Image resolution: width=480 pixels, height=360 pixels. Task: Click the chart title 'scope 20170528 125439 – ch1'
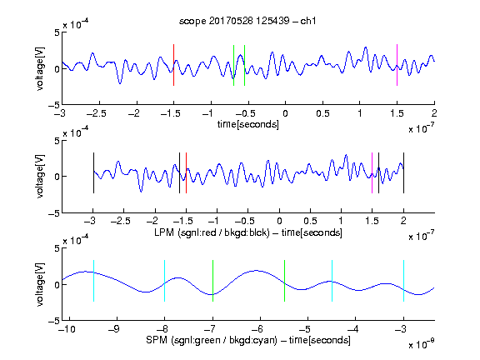pyautogui.click(x=247, y=21)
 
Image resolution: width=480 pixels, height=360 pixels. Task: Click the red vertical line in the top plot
pyautogui.click(x=173, y=65)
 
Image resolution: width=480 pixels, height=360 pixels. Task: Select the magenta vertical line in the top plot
pyautogui.click(x=397, y=65)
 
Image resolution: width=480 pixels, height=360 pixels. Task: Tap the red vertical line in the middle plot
pyautogui.click(x=186, y=173)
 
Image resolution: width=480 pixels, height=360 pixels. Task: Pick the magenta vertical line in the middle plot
pyautogui.click(x=372, y=173)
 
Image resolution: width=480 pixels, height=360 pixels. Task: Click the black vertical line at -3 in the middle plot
pyautogui.click(x=93, y=173)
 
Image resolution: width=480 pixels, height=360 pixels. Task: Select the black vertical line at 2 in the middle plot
pyautogui.click(x=403, y=173)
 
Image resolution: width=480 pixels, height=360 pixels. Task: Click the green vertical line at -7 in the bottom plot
pyautogui.click(x=212, y=281)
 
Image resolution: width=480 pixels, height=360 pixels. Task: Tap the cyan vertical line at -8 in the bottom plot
pyautogui.click(x=165, y=281)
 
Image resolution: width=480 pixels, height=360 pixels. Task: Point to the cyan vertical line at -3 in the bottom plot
pyautogui.click(x=403, y=281)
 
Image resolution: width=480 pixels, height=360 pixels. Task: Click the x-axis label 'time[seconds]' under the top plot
pyautogui.click(x=248, y=124)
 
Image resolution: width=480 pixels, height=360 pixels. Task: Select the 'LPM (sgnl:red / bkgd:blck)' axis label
pyautogui.click(x=212, y=232)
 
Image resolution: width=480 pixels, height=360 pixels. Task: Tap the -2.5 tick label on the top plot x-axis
pyautogui.click(x=97, y=113)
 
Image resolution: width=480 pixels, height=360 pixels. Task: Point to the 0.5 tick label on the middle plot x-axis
pyautogui.click(x=310, y=221)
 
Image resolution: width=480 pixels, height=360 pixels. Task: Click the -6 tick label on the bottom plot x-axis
pyautogui.click(x=257, y=329)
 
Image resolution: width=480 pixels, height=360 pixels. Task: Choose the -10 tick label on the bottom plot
pyautogui.click(x=67, y=329)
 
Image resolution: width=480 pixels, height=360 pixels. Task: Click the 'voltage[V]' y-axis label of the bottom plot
pyautogui.click(x=40, y=284)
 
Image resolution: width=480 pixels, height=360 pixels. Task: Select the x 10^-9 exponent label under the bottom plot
pyautogui.click(x=422, y=344)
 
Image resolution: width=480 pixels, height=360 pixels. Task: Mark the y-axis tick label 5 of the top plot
pyautogui.click(x=57, y=32)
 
